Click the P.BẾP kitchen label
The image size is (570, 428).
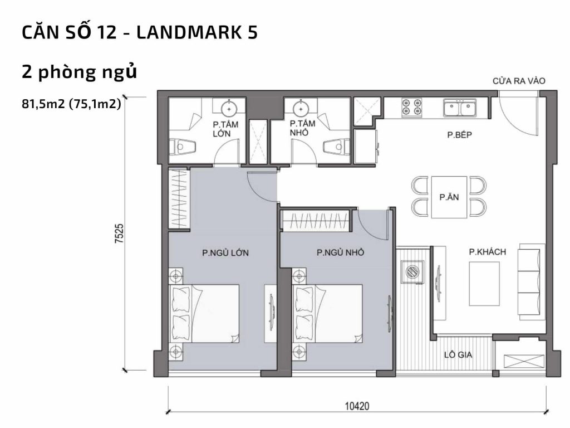pyautogui.click(x=460, y=135)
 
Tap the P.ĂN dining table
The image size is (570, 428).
pyautogui.click(x=449, y=197)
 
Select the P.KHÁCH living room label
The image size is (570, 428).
pyautogui.click(x=487, y=252)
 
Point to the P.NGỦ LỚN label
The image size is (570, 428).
pyautogui.click(x=225, y=253)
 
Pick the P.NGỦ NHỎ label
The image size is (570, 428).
pyautogui.click(x=340, y=253)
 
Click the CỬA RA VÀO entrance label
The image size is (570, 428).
pyautogui.click(x=519, y=81)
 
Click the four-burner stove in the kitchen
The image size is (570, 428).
pyautogui.click(x=412, y=108)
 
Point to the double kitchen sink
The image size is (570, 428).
pyautogui.click(x=459, y=108)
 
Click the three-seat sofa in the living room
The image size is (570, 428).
pyautogui.click(x=531, y=280)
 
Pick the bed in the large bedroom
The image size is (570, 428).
pyautogui.click(x=204, y=313)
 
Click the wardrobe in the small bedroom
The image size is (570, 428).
pyautogui.click(x=316, y=221)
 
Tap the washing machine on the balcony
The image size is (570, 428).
pyautogui.click(x=412, y=272)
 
